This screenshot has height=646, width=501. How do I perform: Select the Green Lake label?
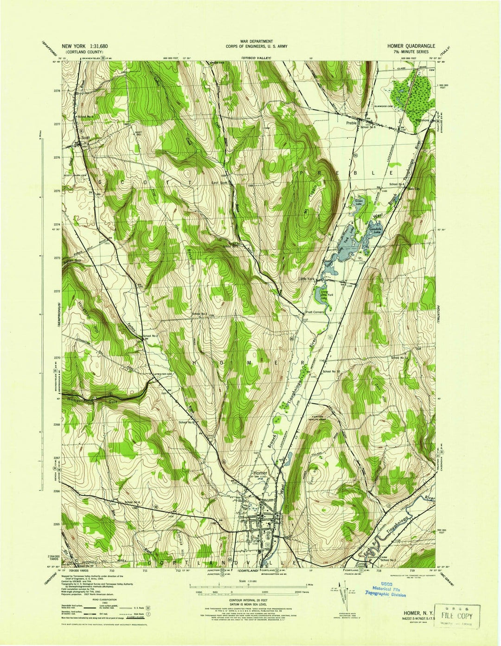pyautogui.click(x=359, y=202)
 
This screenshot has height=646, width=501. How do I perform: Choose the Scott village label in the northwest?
pyautogui.click(x=84, y=138)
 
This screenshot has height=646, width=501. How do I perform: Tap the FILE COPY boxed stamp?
pyautogui.click(x=456, y=616)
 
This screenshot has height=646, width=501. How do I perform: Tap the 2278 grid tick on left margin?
pyautogui.click(x=57, y=91)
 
